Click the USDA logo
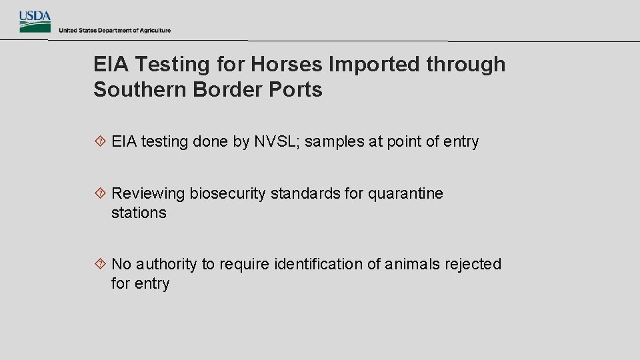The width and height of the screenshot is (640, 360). [x=35, y=21]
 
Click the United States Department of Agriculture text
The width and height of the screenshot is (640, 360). [x=115, y=31]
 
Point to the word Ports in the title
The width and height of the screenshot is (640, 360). [x=299, y=90]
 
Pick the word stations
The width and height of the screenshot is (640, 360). [x=139, y=213]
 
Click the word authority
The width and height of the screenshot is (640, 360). [x=167, y=265]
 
